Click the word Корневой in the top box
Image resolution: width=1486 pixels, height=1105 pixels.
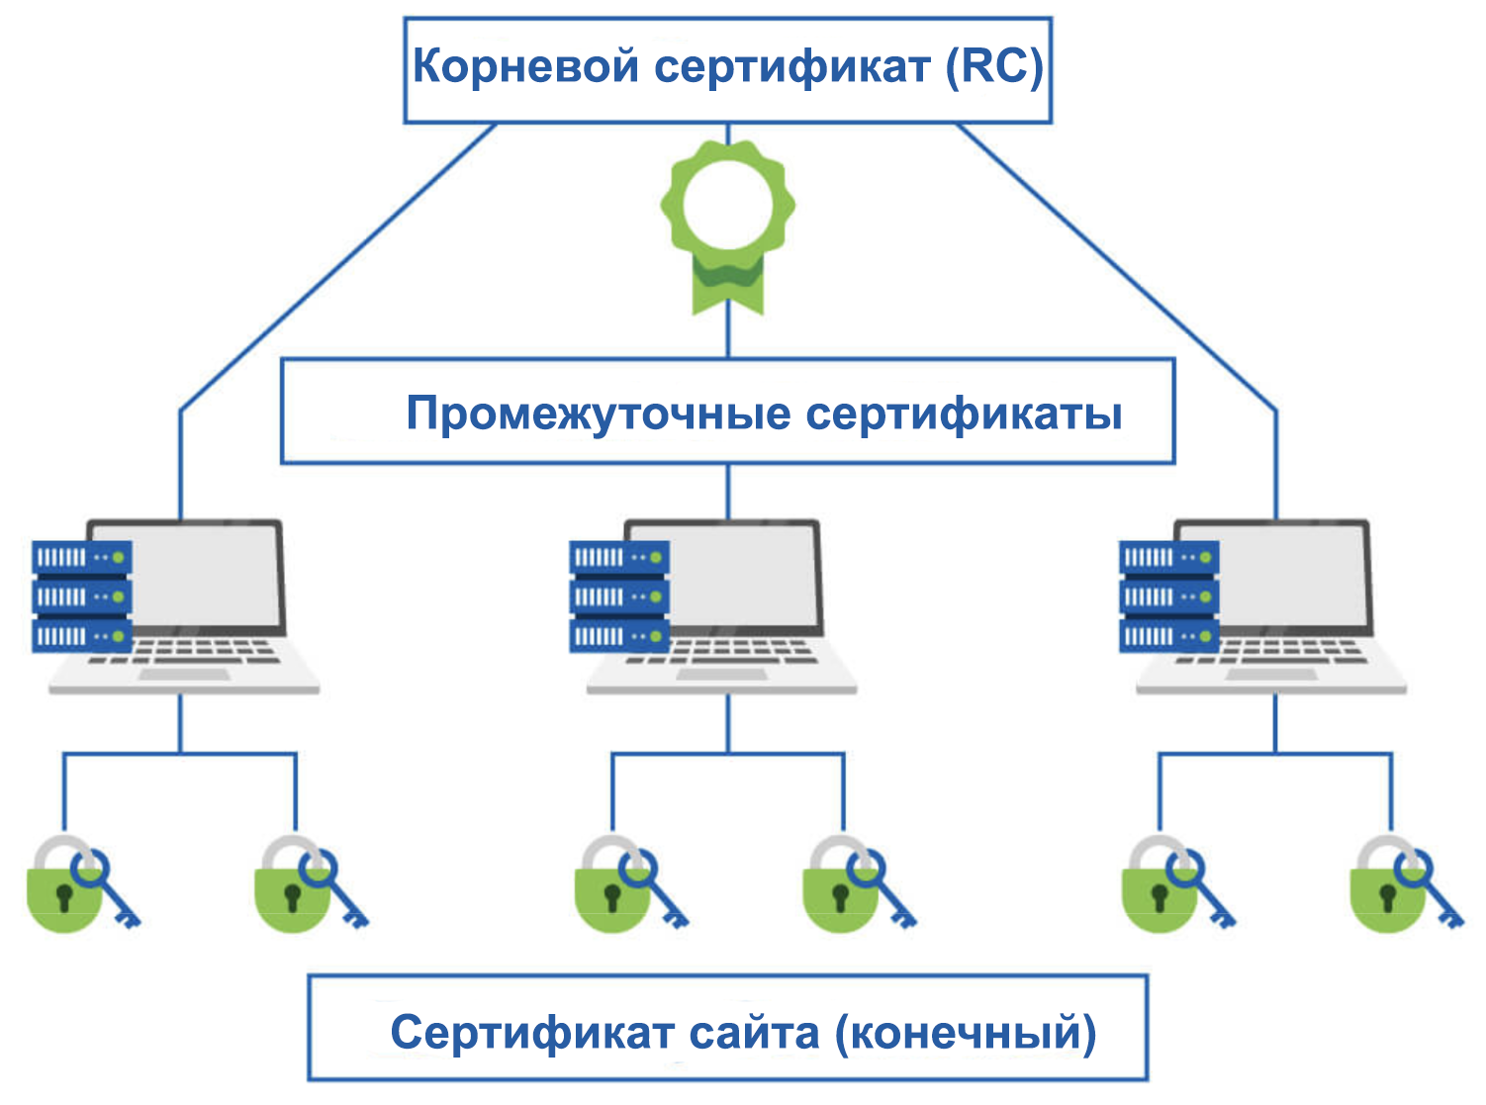click(x=524, y=67)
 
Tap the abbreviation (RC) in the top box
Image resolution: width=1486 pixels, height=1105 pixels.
click(x=994, y=67)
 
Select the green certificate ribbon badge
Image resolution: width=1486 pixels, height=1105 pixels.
click(x=728, y=223)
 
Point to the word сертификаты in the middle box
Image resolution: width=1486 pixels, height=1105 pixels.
click(x=964, y=414)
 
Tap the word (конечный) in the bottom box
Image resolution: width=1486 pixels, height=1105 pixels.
click(x=966, y=1033)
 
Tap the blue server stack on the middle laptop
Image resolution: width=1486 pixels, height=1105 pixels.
click(x=619, y=597)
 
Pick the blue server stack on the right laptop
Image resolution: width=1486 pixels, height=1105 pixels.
click(x=1168, y=597)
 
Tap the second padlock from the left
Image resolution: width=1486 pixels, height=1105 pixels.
click(x=291, y=890)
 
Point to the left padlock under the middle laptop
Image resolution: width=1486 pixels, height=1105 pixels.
click(x=610, y=890)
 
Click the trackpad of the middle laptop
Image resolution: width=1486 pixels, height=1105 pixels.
click(x=722, y=675)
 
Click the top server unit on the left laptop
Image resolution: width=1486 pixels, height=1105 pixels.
click(x=81, y=558)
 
